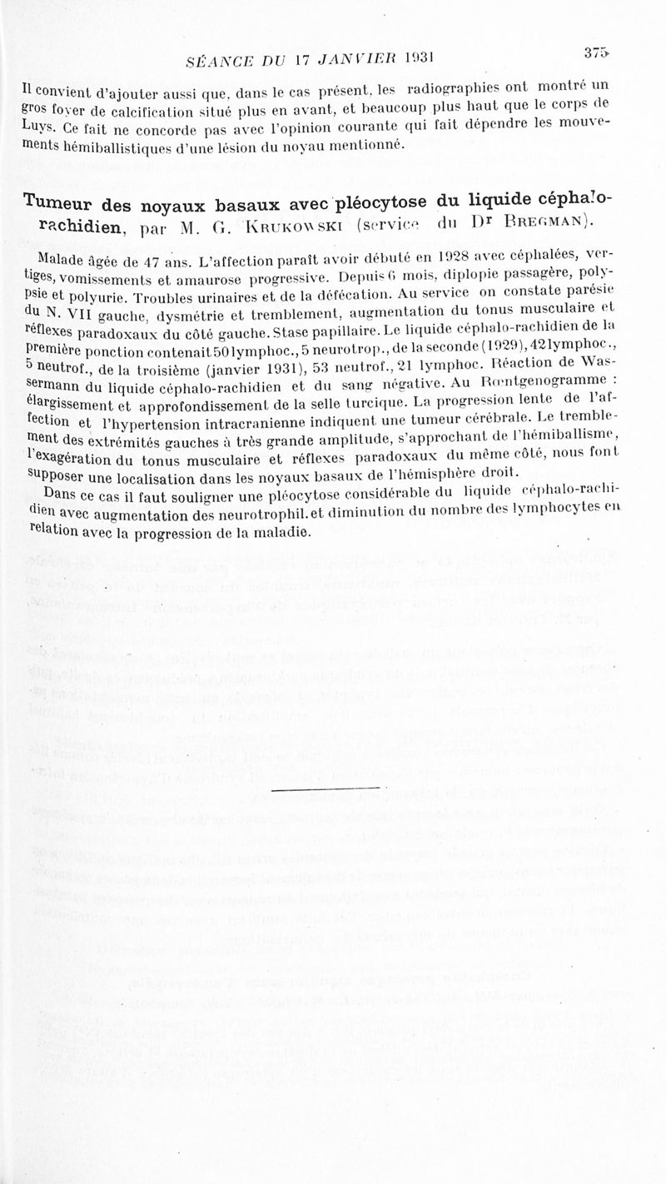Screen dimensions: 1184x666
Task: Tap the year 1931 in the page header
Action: point(421,57)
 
